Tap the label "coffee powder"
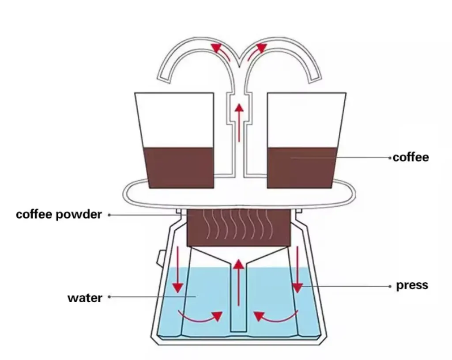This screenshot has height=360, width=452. pos(59,215)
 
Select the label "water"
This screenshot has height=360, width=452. pos(85,297)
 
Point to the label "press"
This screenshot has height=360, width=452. pos(412,285)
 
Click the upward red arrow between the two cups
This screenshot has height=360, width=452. pos(239,122)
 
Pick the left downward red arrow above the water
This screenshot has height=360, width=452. pos(177,269)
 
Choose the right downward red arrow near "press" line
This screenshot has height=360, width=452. pos(298,269)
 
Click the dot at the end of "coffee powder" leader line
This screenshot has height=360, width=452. pos(109,215)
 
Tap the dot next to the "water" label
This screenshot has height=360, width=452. pos(109,297)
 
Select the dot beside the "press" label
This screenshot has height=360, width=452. pos(390,286)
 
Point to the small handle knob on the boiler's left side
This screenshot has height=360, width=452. pos(158,258)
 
